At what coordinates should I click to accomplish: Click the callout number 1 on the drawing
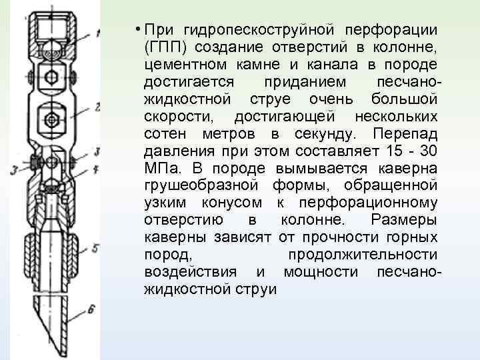pos(98,32)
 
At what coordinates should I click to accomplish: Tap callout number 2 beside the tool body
pos(98,106)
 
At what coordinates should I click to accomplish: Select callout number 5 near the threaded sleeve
pos(96,248)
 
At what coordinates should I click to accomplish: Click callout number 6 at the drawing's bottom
pos(91,309)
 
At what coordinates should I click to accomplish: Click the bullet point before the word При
pos(136,29)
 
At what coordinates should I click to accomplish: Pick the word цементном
pos(185,65)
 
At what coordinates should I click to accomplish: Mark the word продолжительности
pos(363,255)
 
